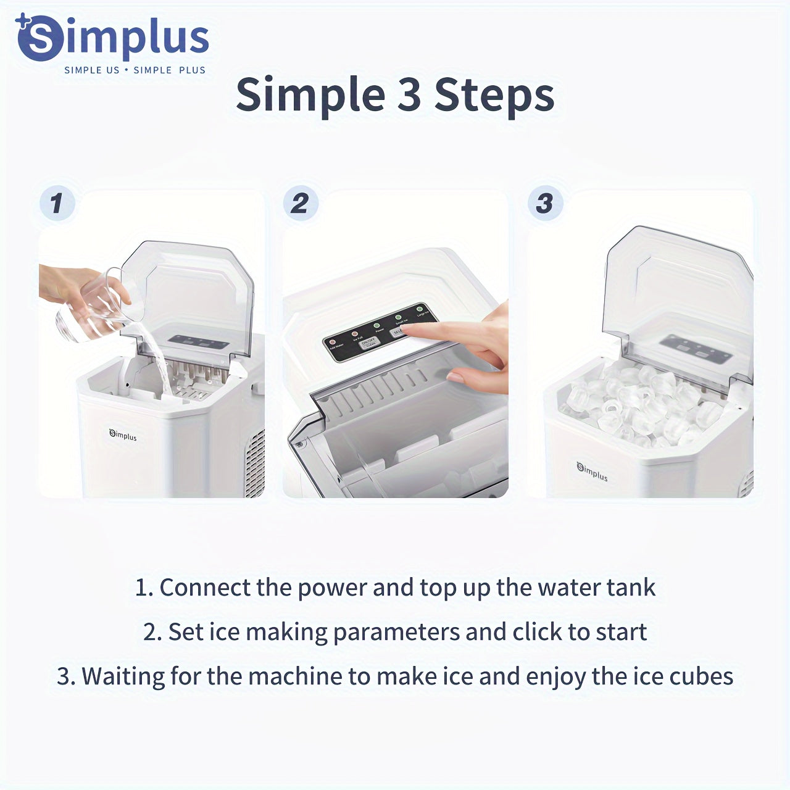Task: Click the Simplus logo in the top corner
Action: [x=112, y=38]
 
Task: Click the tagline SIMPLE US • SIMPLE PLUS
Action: [x=135, y=70]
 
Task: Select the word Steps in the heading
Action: [x=494, y=96]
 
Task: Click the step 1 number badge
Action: [x=57, y=204]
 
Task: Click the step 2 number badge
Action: [x=300, y=204]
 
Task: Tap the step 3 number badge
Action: [x=544, y=204]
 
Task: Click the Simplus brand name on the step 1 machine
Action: [x=123, y=435]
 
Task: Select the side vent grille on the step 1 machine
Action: [x=255, y=463]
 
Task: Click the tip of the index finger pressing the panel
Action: [x=408, y=331]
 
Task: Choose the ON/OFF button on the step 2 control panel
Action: [x=368, y=343]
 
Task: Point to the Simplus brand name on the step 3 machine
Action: [x=592, y=472]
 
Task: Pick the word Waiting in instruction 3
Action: [x=123, y=677]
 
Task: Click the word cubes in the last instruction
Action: [x=701, y=677]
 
